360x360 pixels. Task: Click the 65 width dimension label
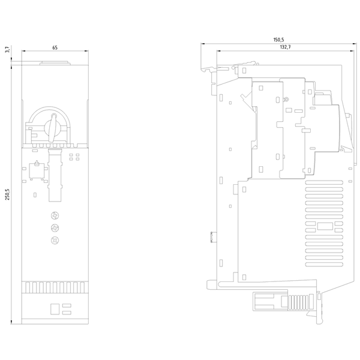coord(55,47)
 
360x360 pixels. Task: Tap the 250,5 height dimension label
coord(7,194)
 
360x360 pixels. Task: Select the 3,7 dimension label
coord(7,49)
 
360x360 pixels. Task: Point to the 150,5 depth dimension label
coord(278,40)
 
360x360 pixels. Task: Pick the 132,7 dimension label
coord(286,47)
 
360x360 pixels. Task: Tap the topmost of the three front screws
coord(55,215)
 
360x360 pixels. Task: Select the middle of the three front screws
coord(55,228)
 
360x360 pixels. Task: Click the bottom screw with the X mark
coord(55,240)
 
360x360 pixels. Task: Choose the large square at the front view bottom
coord(54,309)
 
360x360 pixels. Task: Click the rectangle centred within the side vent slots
coord(325,226)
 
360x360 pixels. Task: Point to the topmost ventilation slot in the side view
coord(324,183)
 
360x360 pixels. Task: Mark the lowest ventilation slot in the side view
coord(324,265)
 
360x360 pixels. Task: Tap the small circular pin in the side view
coord(286,100)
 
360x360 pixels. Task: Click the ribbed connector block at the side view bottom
coord(298,302)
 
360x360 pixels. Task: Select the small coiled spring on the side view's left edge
coord(212,237)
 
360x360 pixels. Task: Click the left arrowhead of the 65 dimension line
coord(23,51)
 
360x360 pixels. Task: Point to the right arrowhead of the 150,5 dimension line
coord(355,43)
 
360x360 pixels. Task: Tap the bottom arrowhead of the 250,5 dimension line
coord(11,322)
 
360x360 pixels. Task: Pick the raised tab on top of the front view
coord(55,63)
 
